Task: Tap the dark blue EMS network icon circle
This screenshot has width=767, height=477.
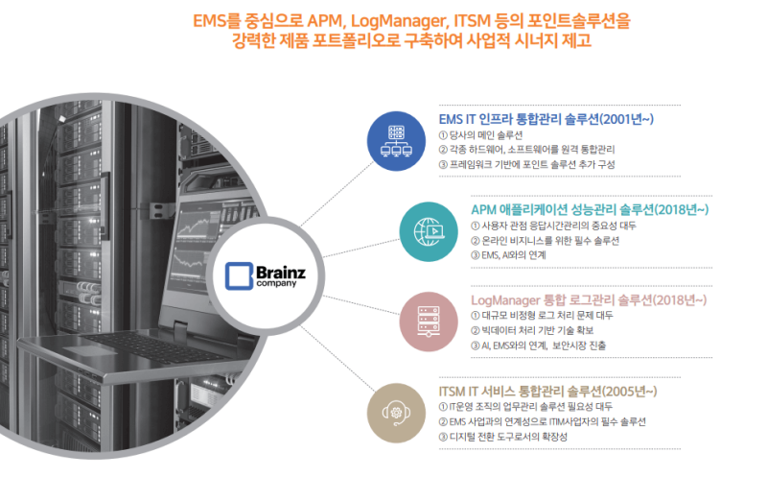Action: [x=396, y=140]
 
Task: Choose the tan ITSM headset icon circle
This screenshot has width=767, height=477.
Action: [x=397, y=408]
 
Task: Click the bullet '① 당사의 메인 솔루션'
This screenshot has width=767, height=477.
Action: [x=494, y=135]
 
